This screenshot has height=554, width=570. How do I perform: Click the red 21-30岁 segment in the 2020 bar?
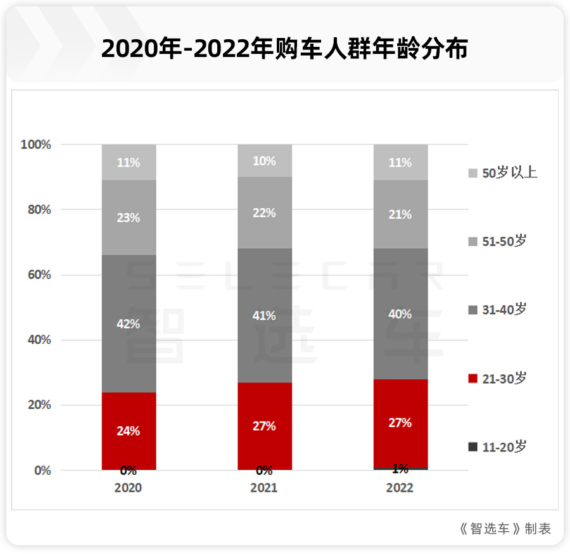[x=129, y=431]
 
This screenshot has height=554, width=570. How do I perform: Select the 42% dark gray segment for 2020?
[x=129, y=324]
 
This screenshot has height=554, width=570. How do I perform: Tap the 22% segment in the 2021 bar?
[x=264, y=213]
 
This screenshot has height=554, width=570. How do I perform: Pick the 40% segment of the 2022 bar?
[x=400, y=314]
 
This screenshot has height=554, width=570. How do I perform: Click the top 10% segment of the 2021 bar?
[x=264, y=161]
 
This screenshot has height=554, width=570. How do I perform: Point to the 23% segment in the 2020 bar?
[x=129, y=217]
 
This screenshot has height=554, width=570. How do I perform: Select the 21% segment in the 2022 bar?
[x=400, y=215]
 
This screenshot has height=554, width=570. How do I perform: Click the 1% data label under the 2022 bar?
[x=400, y=469]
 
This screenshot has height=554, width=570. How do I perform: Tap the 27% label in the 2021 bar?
[x=264, y=426]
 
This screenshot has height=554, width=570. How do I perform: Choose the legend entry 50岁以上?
[x=503, y=173]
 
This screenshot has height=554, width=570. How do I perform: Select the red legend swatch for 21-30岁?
[x=472, y=379]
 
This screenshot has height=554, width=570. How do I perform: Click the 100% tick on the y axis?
[x=35, y=144]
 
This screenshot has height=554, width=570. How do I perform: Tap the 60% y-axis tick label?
[x=37, y=275]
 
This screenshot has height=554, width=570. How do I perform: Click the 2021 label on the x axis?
[x=264, y=488]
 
